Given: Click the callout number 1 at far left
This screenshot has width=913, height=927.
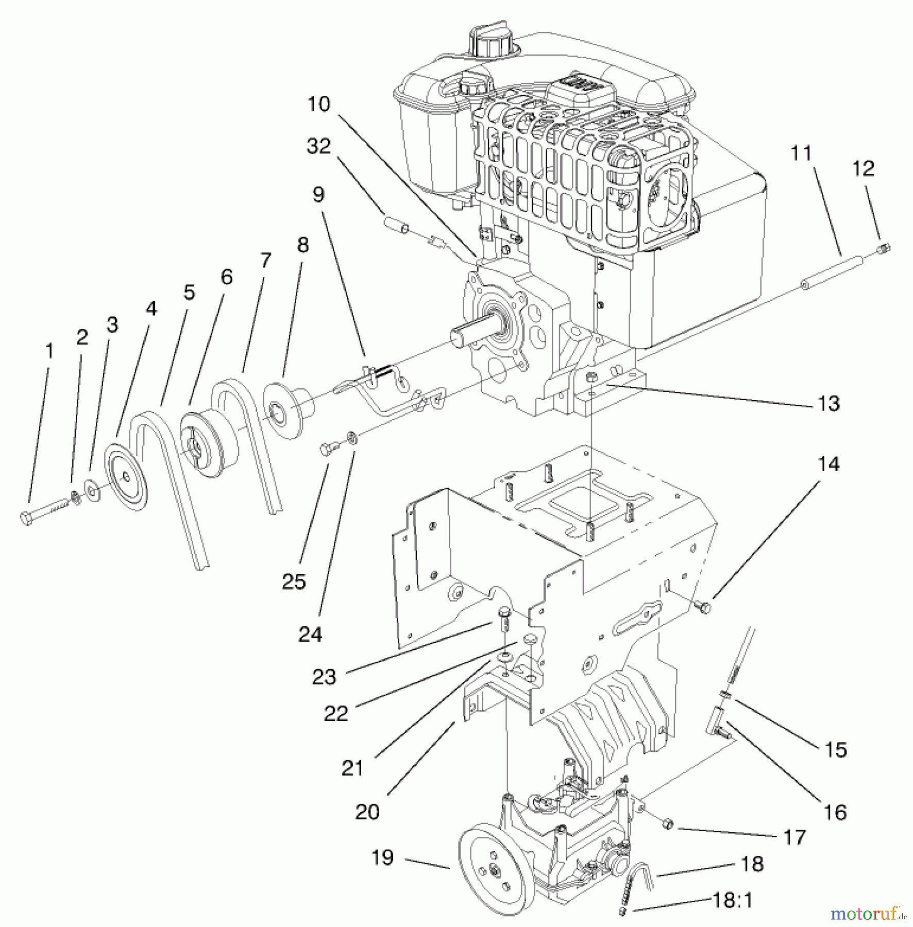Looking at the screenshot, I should (x=49, y=351).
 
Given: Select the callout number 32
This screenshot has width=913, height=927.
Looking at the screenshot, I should (x=318, y=146).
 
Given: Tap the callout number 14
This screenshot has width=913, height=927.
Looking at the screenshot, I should (x=828, y=464).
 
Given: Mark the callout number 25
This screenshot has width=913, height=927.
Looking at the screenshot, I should (x=294, y=582).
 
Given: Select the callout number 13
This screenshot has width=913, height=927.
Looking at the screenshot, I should (x=829, y=403).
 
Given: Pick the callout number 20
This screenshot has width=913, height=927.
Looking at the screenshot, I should (x=367, y=812).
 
